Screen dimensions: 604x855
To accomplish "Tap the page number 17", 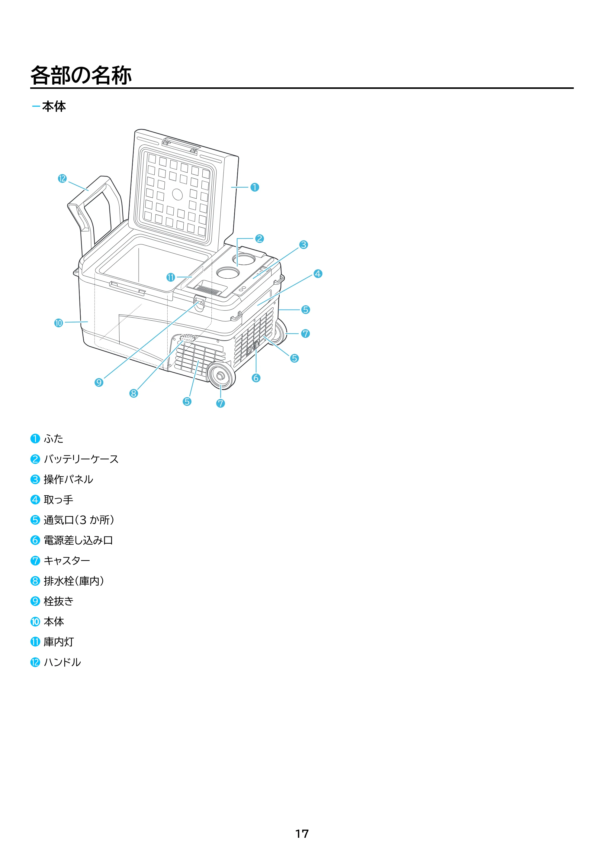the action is coord(302,834).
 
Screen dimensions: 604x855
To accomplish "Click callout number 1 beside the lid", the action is coord(255,187).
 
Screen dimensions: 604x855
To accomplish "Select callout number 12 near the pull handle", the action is coord(62,178).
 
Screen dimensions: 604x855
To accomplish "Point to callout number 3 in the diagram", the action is coord(304,245).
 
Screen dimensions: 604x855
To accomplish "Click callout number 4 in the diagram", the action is coord(317,274).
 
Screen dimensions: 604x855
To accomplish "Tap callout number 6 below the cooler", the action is coord(256,378).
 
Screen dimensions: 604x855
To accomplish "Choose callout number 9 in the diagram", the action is coord(99,382).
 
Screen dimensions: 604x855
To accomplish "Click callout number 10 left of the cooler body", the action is coord(58,323).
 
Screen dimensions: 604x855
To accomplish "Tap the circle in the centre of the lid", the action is coord(178,194).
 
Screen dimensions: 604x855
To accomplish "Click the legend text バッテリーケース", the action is coord(81,459).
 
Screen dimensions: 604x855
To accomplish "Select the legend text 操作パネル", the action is coord(69,479).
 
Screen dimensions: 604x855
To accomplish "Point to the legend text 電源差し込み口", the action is coord(78,540).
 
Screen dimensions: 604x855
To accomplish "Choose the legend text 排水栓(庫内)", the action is coord(74,581).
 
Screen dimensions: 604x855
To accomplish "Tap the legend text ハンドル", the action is coord(63,662).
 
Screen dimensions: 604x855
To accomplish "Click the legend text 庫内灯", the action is coord(59,642).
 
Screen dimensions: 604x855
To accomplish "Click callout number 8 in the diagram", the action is coord(133,393).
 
